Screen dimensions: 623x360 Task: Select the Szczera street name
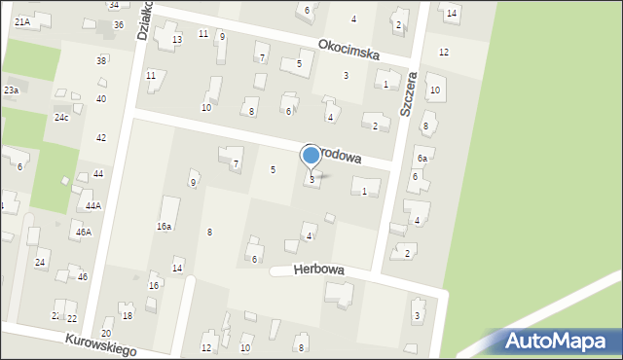(410, 92)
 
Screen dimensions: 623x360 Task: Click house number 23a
(11, 90)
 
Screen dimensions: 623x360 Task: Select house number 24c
(61, 117)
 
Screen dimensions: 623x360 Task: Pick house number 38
(101, 60)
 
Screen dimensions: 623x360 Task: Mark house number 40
(101, 98)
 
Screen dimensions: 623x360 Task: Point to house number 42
(101, 137)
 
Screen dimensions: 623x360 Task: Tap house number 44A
(92, 205)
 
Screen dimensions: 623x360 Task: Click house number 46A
(84, 232)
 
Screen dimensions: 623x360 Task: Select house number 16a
(165, 226)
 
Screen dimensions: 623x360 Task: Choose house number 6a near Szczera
(422, 158)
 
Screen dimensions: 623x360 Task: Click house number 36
(118, 24)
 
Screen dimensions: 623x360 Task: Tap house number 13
(176, 39)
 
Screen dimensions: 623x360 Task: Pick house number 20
(106, 333)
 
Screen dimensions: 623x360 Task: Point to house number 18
(127, 316)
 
